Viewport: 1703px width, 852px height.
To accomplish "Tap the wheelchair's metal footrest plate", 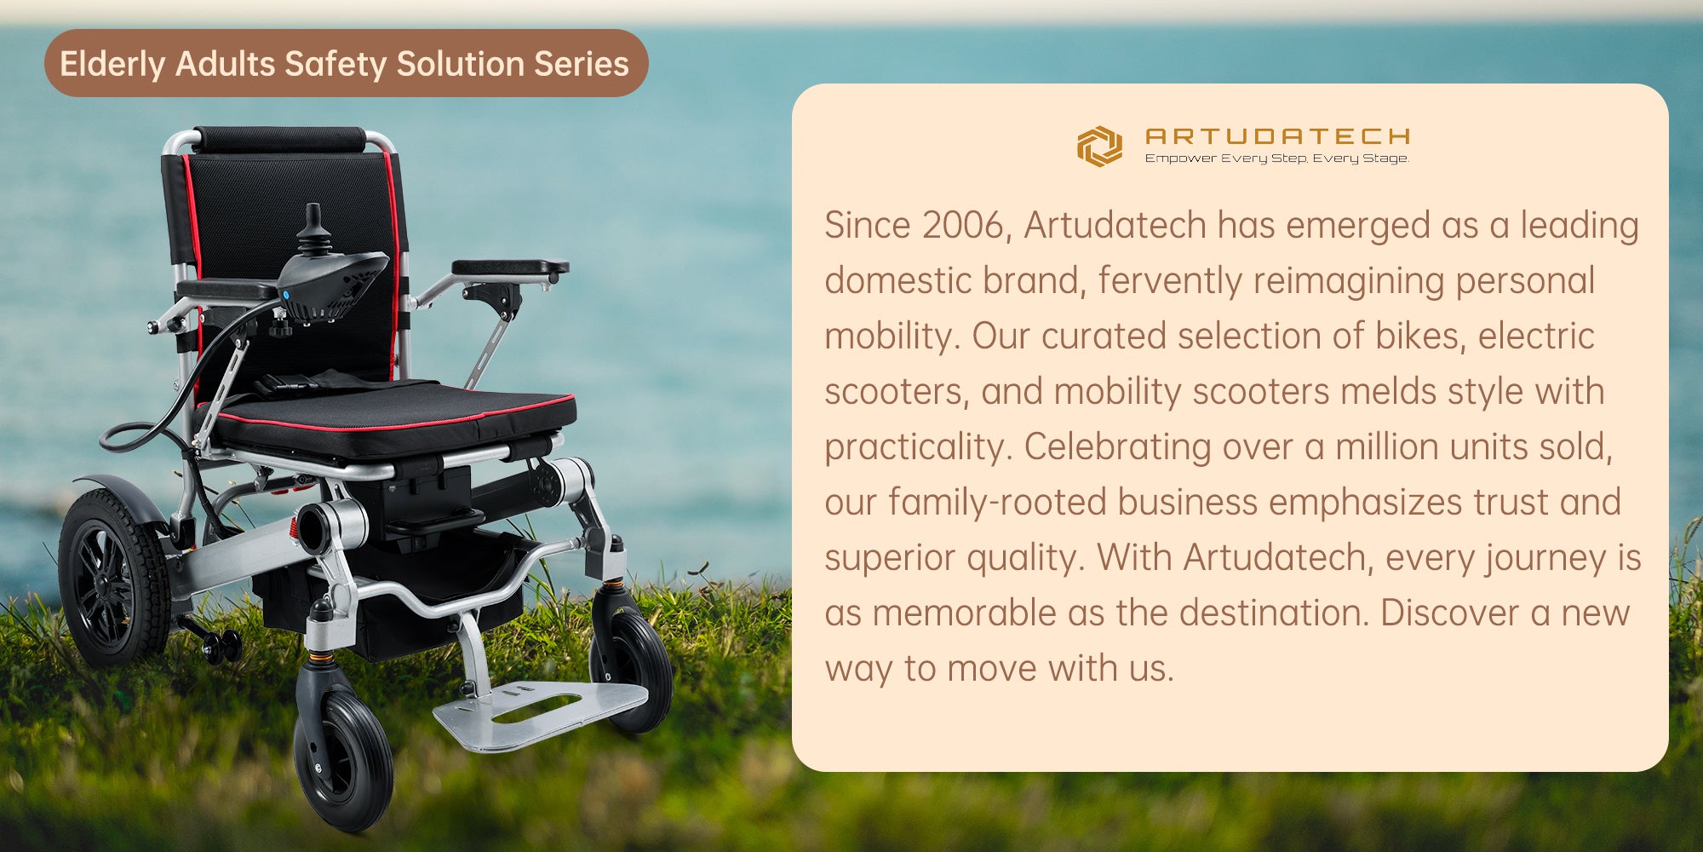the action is click(x=540, y=711).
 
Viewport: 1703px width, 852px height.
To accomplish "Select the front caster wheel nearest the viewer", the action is click(x=343, y=758).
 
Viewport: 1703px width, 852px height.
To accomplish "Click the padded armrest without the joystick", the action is click(x=510, y=268).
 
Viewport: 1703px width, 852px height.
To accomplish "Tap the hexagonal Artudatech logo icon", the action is click(x=1099, y=146).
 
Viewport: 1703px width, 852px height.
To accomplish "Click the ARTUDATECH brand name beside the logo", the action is click(x=1278, y=136).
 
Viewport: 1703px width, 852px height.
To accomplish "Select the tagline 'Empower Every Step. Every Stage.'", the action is click(x=1276, y=158).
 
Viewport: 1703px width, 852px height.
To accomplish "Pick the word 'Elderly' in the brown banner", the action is click(x=112, y=64).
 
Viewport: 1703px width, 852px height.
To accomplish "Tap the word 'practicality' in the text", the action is click(x=915, y=447).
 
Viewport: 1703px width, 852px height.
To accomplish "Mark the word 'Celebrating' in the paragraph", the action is click(x=1116, y=447).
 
